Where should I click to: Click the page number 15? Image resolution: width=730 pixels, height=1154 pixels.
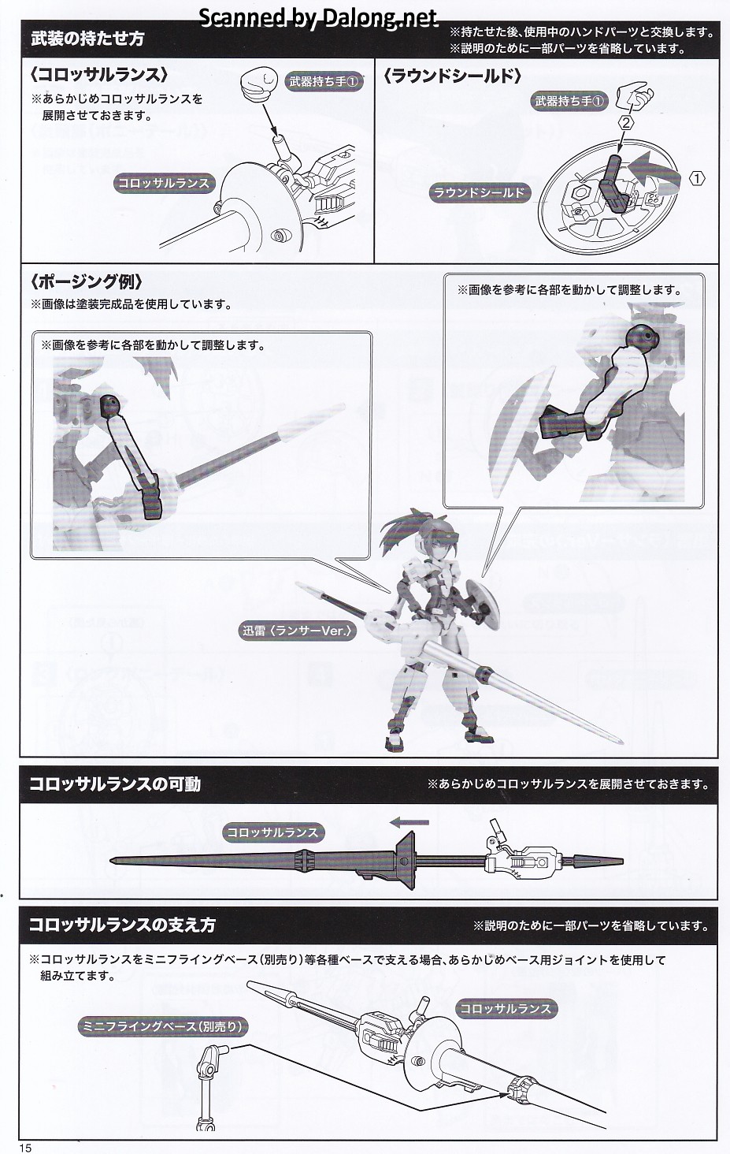click(x=26, y=1148)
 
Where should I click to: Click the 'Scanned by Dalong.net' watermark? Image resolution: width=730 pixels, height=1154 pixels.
click(x=318, y=18)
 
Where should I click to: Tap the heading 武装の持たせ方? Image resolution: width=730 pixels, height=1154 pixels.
click(x=87, y=39)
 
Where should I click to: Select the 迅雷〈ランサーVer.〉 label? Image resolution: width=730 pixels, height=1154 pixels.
click(x=298, y=631)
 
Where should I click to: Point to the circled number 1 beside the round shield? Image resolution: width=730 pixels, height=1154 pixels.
click(x=696, y=179)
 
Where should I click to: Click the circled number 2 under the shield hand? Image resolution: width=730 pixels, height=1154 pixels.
click(x=626, y=123)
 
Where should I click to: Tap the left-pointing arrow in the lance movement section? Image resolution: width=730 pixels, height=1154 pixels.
click(x=409, y=822)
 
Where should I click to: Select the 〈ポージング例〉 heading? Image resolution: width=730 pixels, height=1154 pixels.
click(x=86, y=282)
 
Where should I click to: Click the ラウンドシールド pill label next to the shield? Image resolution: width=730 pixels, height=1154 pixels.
click(x=479, y=192)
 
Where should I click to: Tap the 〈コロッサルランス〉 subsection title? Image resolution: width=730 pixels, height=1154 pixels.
click(x=99, y=75)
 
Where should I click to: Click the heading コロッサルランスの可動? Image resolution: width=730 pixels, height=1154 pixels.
click(x=115, y=784)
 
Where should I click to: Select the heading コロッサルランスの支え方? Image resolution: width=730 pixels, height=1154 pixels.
click(x=122, y=925)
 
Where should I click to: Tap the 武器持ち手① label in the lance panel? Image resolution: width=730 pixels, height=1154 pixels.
click(x=324, y=81)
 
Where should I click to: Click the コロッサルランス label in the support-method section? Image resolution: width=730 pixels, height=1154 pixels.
click(x=505, y=1008)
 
